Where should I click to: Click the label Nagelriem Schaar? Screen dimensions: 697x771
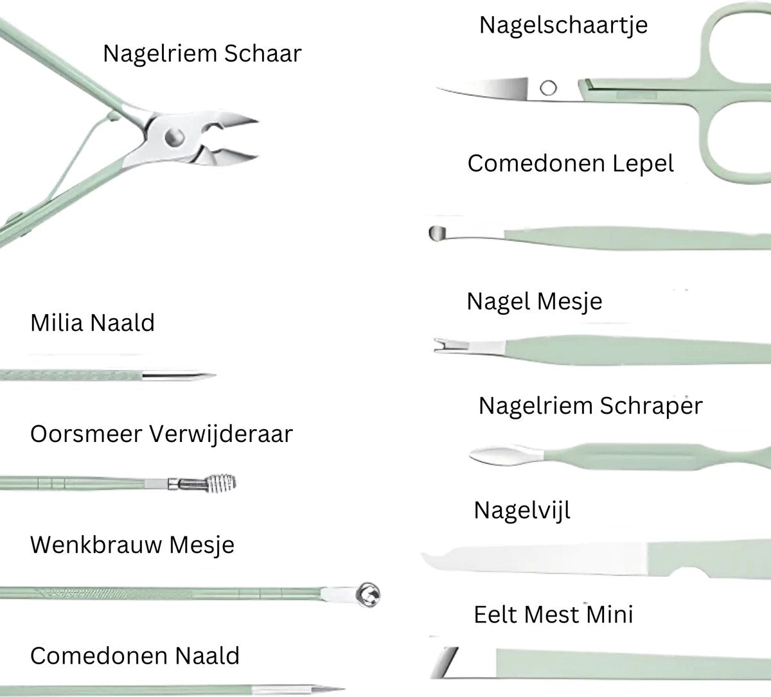(202, 54)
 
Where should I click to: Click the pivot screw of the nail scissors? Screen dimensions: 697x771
(548, 88)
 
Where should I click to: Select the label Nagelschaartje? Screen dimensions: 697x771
(563, 26)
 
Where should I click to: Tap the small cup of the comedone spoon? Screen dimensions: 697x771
(437, 233)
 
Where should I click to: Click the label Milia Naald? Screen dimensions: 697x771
(93, 322)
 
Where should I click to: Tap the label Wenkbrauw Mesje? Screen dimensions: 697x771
(132, 545)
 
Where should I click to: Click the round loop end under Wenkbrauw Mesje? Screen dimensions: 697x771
(369, 591)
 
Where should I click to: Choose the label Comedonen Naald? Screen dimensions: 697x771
(135, 656)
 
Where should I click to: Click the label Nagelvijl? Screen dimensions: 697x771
(522, 511)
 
